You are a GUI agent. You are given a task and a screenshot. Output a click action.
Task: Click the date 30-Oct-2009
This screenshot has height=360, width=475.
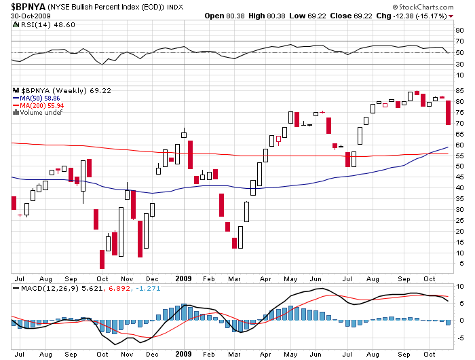(26, 16)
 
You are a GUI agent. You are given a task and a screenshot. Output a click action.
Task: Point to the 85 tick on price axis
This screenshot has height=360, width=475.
(460, 91)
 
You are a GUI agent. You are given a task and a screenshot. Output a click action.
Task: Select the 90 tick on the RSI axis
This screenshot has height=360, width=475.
(460, 30)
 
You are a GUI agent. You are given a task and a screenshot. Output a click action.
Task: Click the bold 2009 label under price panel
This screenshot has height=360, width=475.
(183, 278)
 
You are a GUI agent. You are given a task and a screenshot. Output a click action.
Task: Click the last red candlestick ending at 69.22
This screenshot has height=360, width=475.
(448, 112)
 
